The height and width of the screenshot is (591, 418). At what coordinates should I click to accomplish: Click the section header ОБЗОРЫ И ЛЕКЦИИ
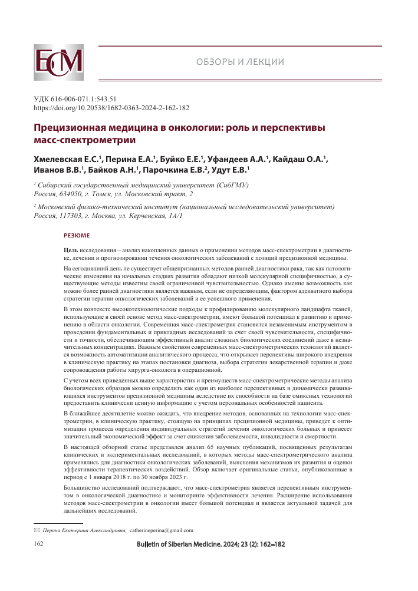240,62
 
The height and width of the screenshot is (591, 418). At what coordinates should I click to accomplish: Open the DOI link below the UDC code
111,108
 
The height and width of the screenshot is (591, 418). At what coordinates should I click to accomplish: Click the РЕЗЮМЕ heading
77,236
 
